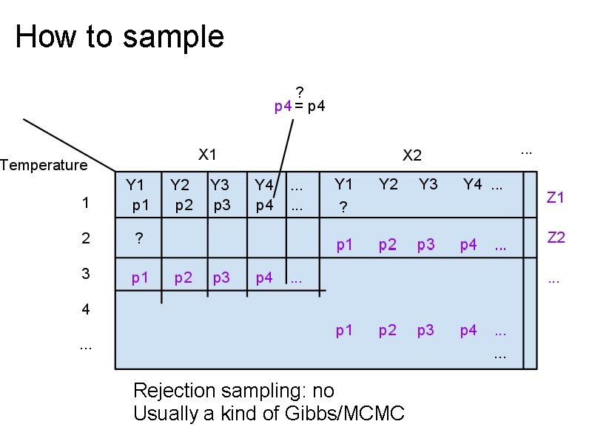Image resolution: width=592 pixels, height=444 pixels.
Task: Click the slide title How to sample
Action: coord(119,36)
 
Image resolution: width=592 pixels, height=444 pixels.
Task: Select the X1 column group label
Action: coord(207,155)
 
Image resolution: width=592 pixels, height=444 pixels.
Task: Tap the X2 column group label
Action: coord(411,155)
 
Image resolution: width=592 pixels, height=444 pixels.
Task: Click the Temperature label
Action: coord(44,165)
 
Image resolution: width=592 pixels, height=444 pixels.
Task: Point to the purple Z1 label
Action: coord(556,198)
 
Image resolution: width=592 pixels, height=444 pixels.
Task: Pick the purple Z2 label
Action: coord(556,238)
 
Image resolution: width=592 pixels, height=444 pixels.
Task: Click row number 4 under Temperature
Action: coord(86,309)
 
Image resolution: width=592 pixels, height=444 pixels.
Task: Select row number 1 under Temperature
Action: coord(86,203)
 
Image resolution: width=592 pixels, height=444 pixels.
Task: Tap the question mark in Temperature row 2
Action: coord(138,238)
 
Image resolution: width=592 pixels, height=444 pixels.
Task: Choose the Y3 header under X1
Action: coord(219,184)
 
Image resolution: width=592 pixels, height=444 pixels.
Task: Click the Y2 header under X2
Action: coord(388,184)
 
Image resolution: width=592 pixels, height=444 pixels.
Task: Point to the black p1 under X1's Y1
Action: coord(140,205)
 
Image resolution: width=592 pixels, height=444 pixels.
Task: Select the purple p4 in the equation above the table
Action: coord(283,106)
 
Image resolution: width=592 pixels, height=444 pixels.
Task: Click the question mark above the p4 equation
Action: coord(300,92)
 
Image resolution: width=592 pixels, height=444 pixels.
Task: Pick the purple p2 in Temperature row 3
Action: coord(184,278)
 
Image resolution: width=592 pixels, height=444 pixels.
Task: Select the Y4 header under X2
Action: coord(472,184)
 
